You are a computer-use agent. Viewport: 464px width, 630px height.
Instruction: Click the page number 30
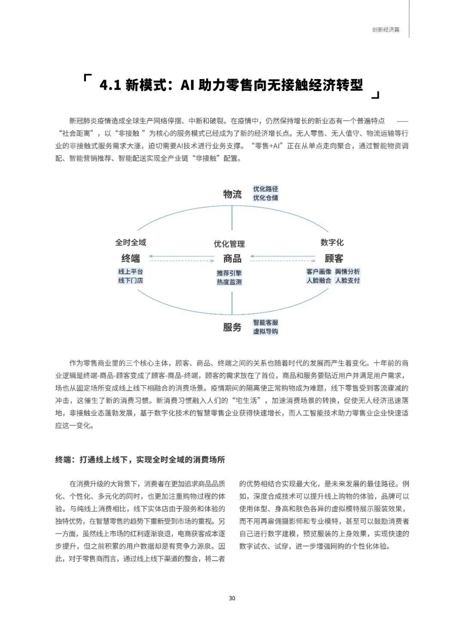coord(232,598)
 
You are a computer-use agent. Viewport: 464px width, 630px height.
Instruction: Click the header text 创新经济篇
coord(386,30)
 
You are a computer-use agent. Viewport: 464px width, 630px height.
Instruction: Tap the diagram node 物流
coord(232,194)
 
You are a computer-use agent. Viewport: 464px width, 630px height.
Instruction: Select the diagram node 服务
coord(232,327)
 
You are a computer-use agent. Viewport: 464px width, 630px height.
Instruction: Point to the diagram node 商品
coord(232,258)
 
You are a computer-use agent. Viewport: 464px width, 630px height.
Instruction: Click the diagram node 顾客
coord(334,258)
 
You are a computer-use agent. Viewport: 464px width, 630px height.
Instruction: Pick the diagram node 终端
coord(131,258)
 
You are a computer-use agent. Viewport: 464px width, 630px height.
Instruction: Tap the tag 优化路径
coord(266,189)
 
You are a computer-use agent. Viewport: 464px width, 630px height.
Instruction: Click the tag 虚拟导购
coord(266,331)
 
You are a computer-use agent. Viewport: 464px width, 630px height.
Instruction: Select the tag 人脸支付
coord(348,280)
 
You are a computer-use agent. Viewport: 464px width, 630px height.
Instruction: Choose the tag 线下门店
coord(131,280)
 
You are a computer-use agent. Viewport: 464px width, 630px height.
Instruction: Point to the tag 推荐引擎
coord(229,273)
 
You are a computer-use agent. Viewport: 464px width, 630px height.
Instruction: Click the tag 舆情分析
coord(348,272)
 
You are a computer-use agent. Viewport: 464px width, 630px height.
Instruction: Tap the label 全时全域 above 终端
coord(131,242)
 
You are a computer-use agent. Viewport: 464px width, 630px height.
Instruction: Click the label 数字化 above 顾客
coord(332,242)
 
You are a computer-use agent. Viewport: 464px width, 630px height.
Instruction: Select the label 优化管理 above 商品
coord(229,244)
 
